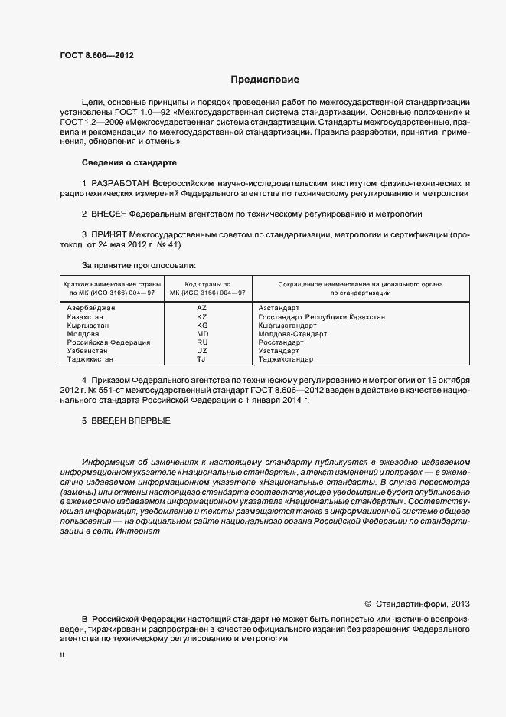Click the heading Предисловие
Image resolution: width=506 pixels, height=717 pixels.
(265, 80)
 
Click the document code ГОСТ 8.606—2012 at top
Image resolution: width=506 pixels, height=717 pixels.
(91, 55)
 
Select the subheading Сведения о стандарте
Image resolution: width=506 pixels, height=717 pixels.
(129, 163)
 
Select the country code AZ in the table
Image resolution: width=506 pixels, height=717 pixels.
(202, 307)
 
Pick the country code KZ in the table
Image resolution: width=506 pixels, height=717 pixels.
(202, 316)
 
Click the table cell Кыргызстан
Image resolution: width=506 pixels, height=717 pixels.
(89, 325)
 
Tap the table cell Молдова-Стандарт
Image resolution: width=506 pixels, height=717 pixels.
(292, 334)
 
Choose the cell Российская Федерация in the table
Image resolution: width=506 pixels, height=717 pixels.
(108, 342)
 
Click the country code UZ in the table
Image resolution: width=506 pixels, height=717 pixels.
(202, 351)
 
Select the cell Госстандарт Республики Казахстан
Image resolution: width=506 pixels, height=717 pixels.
(322, 316)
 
